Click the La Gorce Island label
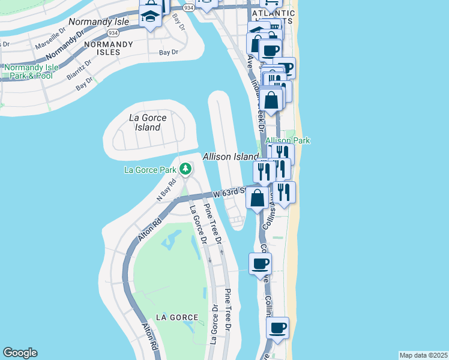pyautogui.click(x=148, y=122)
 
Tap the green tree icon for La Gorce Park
pyautogui.click(x=187, y=170)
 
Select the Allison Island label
pyautogui.click(x=231, y=157)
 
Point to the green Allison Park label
pyautogui.click(x=288, y=140)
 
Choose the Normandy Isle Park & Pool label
pyautogui.click(x=31, y=71)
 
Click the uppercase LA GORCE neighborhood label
pyautogui.click(x=176, y=317)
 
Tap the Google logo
pyautogui.click(x=20, y=353)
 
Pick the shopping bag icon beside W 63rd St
pyautogui.click(x=257, y=198)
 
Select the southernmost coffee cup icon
pyautogui.click(x=277, y=329)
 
